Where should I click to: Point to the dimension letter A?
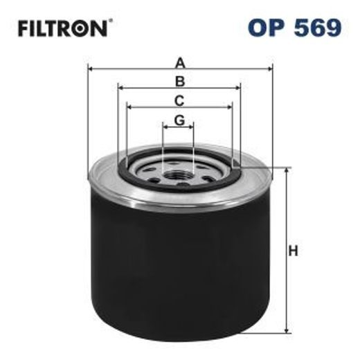179,62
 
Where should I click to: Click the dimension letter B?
179,81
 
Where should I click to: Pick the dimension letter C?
179,100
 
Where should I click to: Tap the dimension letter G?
179,120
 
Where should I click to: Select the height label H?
294,251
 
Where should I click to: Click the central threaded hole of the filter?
179,170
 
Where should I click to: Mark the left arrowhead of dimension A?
91,69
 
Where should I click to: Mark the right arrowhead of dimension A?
269,69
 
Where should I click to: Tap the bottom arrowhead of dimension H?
285,332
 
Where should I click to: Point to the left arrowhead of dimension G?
165,127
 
